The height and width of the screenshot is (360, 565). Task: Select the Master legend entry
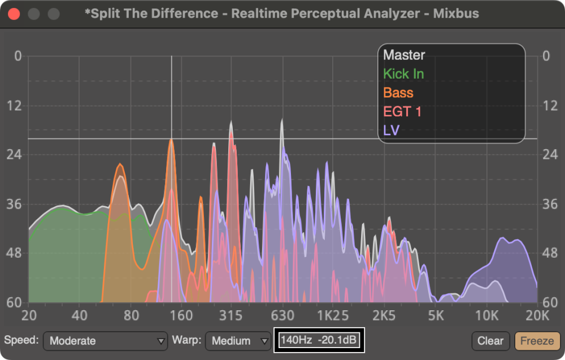pos(404,55)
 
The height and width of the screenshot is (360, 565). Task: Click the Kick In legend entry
pos(403,74)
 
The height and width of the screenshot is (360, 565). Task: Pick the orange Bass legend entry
pos(398,93)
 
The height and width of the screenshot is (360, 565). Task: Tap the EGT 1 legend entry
pos(402,111)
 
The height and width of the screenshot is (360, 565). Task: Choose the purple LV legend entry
pos(392,131)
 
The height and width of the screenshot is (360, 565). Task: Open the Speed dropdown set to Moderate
pos(105,341)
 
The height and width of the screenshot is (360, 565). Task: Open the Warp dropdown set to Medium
pos(238,341)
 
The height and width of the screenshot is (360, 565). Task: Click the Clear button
pos(490,341)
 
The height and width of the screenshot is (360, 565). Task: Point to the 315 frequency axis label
pos(231,315)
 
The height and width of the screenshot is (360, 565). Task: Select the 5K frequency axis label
pos(435,315)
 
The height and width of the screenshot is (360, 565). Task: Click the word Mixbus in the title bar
pos(456,14)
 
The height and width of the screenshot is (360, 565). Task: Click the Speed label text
pos(21,340)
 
